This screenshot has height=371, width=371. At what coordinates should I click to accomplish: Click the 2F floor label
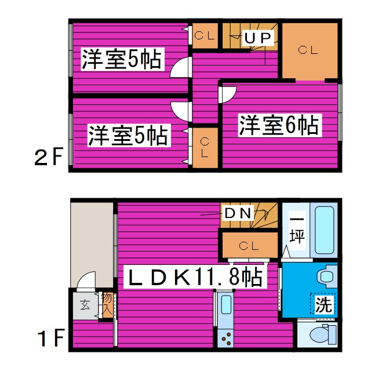[x=47, y=157]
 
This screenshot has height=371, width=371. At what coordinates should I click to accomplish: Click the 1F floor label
[x=48, y=338]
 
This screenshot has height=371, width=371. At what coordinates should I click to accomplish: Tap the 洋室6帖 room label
[x=279, y=126]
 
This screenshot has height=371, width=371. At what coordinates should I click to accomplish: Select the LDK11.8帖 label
[x=195, y=277]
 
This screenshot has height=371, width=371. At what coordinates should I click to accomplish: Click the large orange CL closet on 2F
[x=308, y=51]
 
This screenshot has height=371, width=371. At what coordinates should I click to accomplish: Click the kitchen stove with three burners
[x=225, y=337]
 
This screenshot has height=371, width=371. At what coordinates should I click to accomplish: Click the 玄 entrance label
[x=85, y=304]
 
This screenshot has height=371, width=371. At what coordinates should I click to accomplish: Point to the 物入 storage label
[x=107, y=304]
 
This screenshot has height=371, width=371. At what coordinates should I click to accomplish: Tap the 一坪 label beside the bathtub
[x=296, y=230]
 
